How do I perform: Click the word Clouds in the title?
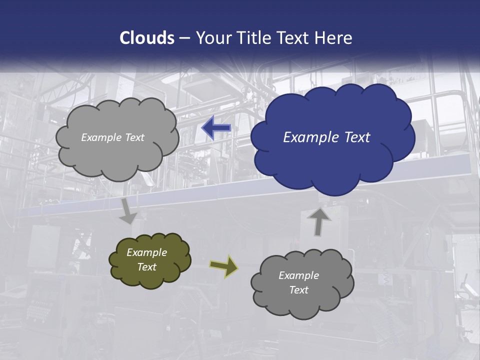147,38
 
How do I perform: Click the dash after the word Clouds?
184,38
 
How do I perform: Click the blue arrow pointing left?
216,128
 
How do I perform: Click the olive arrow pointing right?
224,265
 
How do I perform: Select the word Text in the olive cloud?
147,267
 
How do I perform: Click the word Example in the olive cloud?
147,252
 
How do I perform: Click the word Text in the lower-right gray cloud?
299,290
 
